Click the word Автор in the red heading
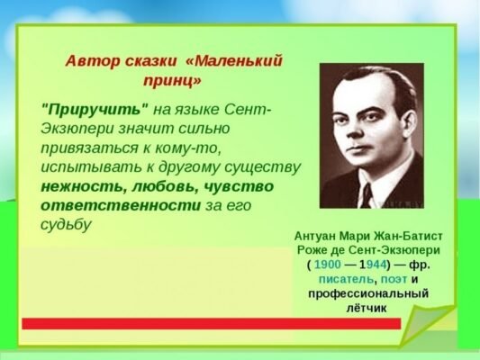pyautogui.click(x=89, y=61)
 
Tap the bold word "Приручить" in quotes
pyautogui.click(x=95, y=109)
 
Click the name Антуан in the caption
pyautogui.click(x=320, y=236)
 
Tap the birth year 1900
pyautogui.click(x=328, y=265)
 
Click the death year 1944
pyautogui.click(x=375, y=265)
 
